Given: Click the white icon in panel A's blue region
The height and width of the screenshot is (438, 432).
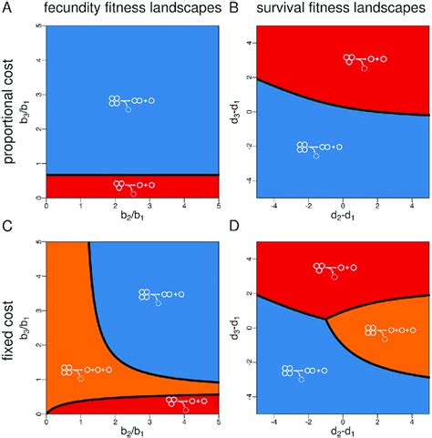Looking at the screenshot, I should click(x=132, y=102).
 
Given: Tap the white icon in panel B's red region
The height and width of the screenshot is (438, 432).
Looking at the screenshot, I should click(x=365, y=61).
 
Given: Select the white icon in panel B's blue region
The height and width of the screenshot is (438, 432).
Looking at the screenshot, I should click(x=320, y=148).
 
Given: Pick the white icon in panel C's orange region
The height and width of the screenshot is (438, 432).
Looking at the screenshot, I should click(x=87, y=372).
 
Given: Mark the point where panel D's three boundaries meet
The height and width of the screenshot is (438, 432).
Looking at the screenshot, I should click(x=326, y=319).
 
